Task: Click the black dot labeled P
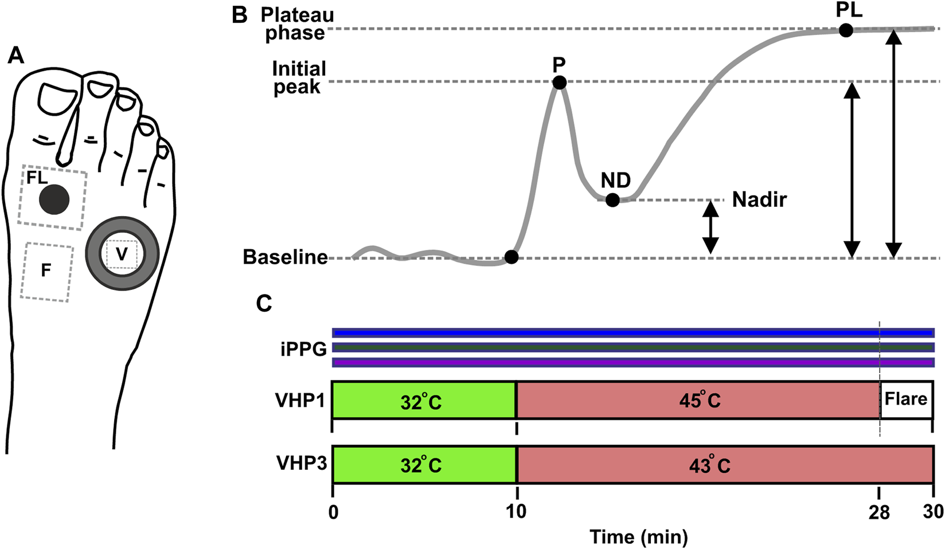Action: tap(560, 83)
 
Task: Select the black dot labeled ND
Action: tap(612, 200)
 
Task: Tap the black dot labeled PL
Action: tap(845, 30)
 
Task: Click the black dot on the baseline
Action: tap(511, 257)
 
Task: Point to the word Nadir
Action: tap(759, 199)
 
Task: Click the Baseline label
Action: tap(285, 257)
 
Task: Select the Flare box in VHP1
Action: tap(905, 399)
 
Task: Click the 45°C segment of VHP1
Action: tap(698, 400)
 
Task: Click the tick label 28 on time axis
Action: tap(878, 511)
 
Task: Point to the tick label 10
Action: tap(516, 511)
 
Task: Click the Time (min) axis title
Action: tap(638, 537)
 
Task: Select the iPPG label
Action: tap(303, 348)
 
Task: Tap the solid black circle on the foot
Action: tap(54, 200)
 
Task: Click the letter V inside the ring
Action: tap(122, 254)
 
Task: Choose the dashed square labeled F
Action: tap(47, 271)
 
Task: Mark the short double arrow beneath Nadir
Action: tap(710, 228)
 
